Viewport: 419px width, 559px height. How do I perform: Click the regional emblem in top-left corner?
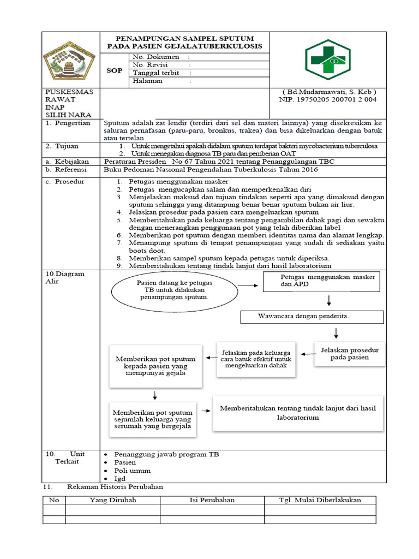click(x=69, y=59)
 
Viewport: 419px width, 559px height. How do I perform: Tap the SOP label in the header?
click(x=114, y=70)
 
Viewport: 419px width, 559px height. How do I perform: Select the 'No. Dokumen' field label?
click(x=156, y=57)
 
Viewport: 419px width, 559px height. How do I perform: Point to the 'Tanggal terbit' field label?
click(x=155, y=73)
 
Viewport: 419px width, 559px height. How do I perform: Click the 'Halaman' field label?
click(x=148, y=81)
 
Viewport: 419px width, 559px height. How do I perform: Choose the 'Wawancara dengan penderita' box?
click(x=312, y=317)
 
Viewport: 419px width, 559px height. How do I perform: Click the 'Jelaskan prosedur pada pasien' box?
click(x=350, y=353)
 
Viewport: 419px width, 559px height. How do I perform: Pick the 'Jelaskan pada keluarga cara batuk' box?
click(x=256, y=359)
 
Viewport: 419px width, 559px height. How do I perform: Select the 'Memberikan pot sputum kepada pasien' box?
click(x=155, y=366)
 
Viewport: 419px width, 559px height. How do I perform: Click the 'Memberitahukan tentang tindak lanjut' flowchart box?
click(x=297, y=413)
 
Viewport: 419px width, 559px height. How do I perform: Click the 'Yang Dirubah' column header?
click(x=112, y=500)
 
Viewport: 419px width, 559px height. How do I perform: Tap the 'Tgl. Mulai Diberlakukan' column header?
click(x=320, y=500)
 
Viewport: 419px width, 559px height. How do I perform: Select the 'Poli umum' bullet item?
click(x=132, y=471)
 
